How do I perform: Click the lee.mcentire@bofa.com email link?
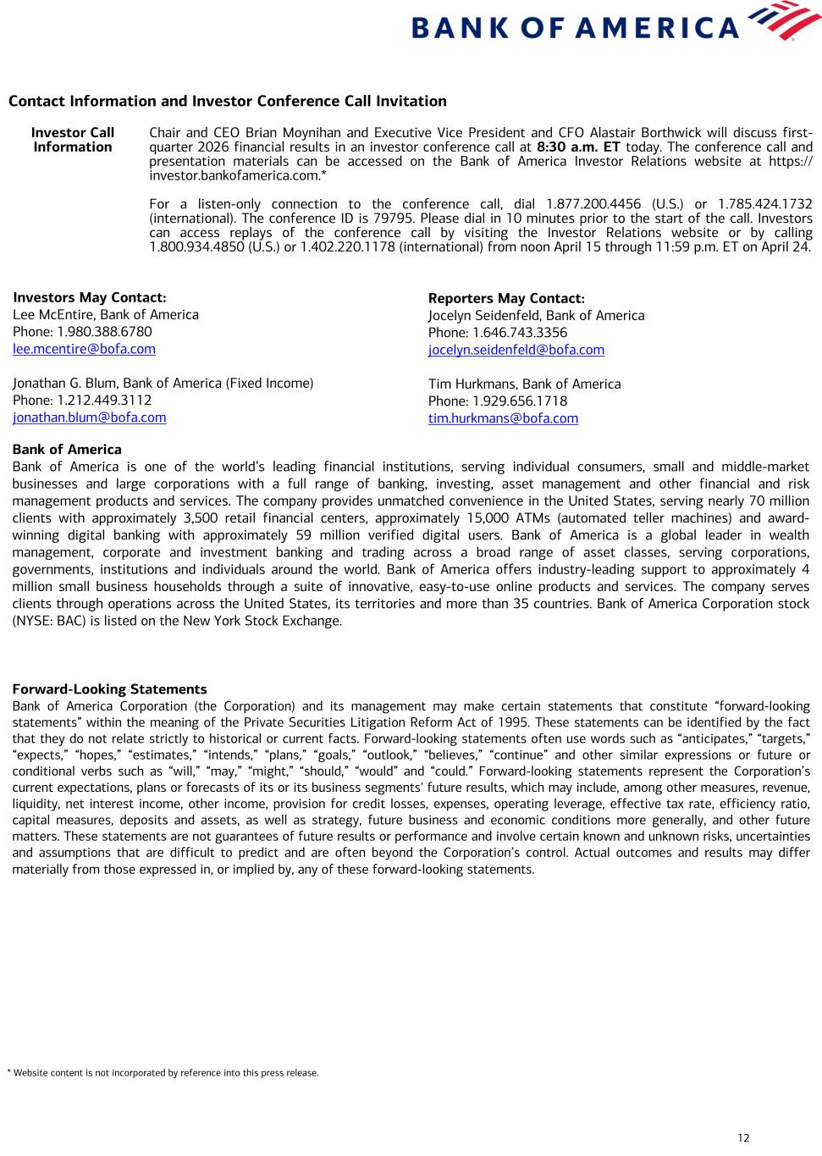[84, 349]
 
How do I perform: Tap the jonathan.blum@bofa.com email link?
[89, 418]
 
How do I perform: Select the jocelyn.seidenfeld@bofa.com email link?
[516, 350]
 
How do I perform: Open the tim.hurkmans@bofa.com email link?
[503, 418]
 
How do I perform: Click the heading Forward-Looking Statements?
[109, 689]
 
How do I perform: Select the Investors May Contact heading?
[89, 297]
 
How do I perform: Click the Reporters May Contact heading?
[505, 298]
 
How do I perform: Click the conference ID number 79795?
[391, 218]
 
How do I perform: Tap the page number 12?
[743, 1137]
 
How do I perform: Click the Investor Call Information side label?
[73, 140]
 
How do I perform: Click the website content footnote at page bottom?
[163, 1073]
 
